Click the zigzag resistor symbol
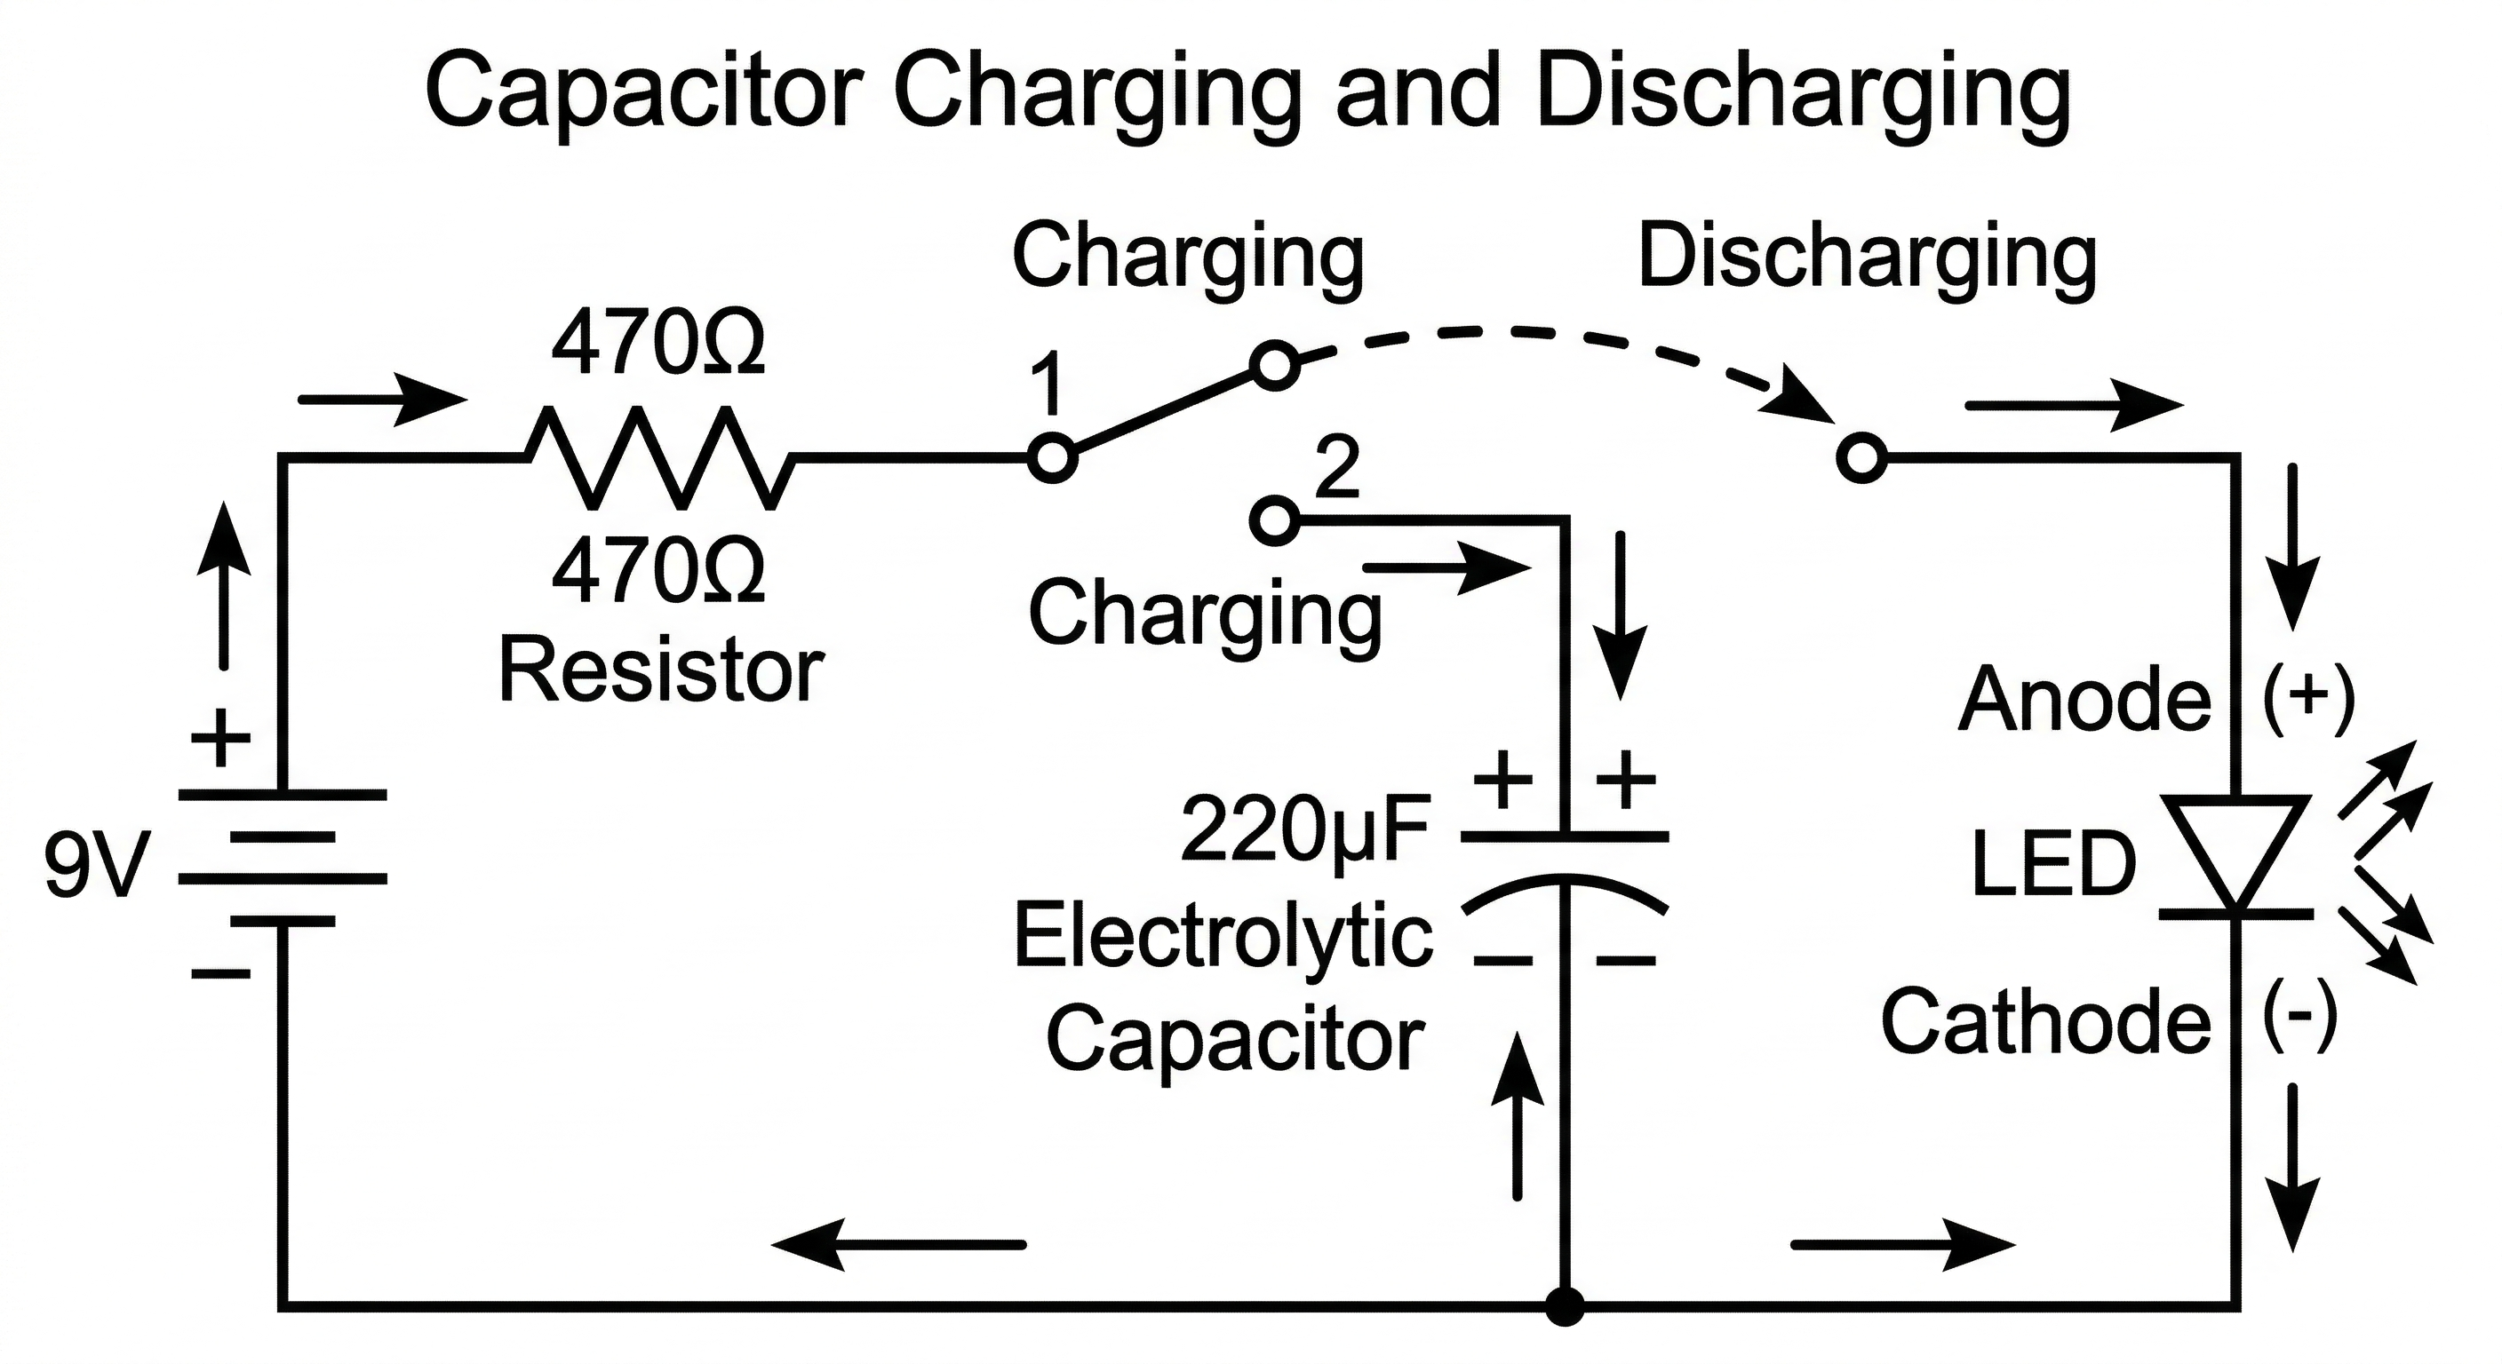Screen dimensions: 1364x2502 click(x=660, y=456)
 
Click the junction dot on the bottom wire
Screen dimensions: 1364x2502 click(x=1565, y=1305)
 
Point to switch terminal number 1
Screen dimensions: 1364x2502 click(x=1052, y=457)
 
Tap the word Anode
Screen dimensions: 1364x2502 click(x=2084, y=699)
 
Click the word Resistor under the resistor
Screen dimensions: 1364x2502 click(x=660, y=672)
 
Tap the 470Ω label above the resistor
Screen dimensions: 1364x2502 click(x=657, y=344)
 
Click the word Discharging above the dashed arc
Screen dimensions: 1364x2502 click(x=1867, y=258)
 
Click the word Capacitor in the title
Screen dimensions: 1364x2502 click(x=644, y=92)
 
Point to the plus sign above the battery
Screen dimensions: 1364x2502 click(x=220, y=739)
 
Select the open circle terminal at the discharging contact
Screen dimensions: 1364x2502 click(x=1862, y=458)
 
